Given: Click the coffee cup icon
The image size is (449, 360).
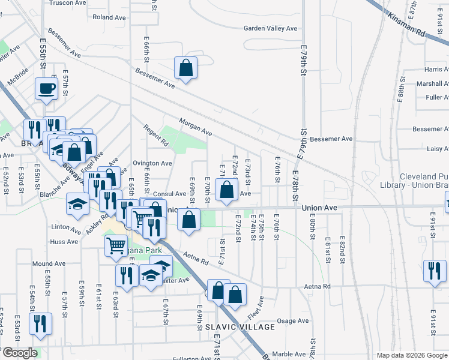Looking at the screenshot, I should [46, 89].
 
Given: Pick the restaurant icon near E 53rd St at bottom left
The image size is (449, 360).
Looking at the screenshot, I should [40, 323].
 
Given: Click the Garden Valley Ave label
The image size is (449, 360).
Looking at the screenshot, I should [270, 28].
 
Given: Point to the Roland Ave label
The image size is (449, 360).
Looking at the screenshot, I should [108, 17].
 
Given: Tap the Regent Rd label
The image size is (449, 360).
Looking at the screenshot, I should [156, 135].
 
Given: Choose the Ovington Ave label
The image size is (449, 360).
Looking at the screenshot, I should [152, 163].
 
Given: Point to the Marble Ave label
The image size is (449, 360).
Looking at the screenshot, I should [289, 354].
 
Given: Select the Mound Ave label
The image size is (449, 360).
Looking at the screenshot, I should [49, 263].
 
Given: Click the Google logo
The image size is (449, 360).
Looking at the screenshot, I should [19, 353].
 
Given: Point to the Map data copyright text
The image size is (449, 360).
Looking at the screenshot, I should [411, 355].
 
